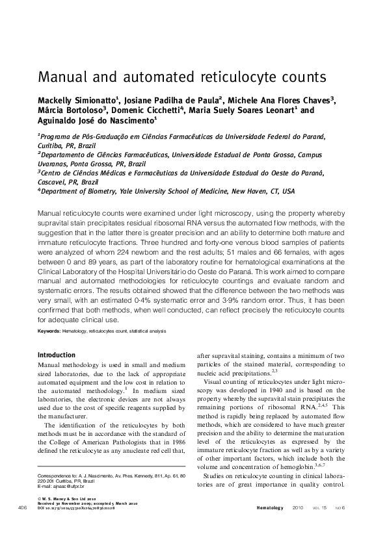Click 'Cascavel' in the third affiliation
point(52,183)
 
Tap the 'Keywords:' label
point(49,331)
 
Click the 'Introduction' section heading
point(57,355)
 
